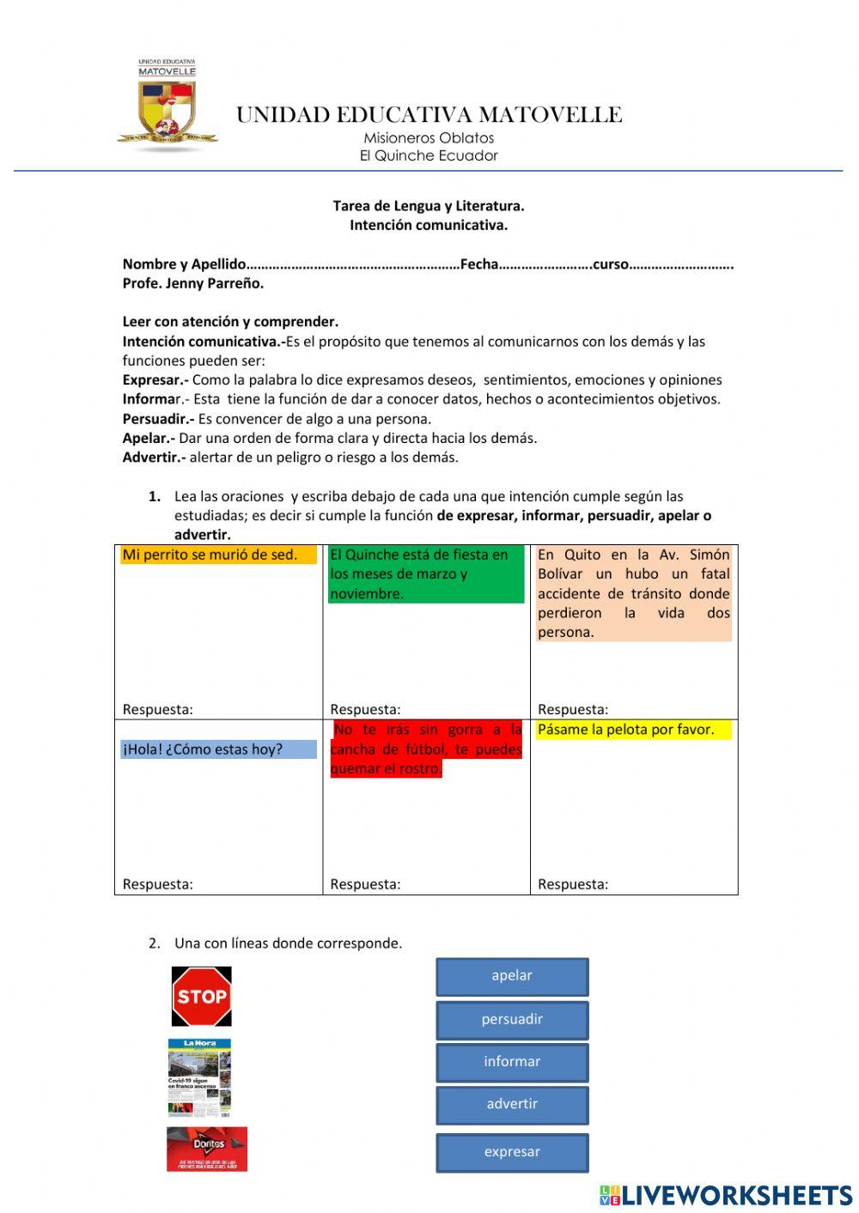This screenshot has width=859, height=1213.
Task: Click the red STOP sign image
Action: pyautogui.click(x=202, y=996)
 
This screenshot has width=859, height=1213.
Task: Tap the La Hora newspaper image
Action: pyautogui.click(x=199, y=1077)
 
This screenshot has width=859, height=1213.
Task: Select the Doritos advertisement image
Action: pyautogui.click(x=207, y=1149)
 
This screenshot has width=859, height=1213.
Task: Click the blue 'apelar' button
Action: pyautogui.click(x=512, y=976)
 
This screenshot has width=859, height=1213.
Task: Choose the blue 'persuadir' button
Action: pyautogui.click(x=512, y=1020)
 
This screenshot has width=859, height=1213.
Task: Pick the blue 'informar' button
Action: pyautogui.click(x=512, y=1062)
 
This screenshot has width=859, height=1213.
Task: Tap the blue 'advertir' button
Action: pyautogui.click(x=512, y=1105)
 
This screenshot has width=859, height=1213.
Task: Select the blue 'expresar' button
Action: pyautogui.click(x=512, y=1152)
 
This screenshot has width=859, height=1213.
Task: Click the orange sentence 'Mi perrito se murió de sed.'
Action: pyautogui.click(x=210, y=555)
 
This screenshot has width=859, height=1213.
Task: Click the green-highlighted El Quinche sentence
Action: pyautogui.click(x=425, y=573)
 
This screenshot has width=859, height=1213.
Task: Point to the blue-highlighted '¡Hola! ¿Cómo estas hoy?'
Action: pyautogui.click(x=204, y=749)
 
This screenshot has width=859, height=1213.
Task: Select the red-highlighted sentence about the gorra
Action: pyautogui.click(x=426, y=749)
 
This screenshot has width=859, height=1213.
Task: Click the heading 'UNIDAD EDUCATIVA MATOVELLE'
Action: pyautogui.click(x=429, y=115)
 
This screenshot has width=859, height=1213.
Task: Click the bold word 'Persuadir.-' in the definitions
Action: pyautogui.click(x=158, y=419)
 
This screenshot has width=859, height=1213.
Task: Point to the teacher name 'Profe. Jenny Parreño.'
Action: pyautogui.click(x=193, y=283)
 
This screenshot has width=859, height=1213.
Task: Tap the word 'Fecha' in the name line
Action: pyautogui.click(x=479, y=264)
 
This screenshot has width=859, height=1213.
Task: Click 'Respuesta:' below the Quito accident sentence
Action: pyautogui.click(x=573, y=709)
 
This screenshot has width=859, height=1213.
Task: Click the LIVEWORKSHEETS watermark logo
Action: pyautogui.click(x=726, y=1195)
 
